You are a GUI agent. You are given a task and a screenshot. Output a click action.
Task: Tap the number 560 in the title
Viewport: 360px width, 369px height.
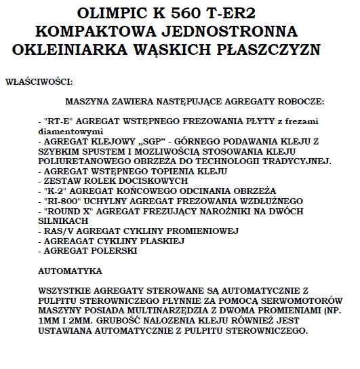[208, 15]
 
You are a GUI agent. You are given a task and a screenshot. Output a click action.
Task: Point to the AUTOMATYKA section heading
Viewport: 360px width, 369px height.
[71, 270]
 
